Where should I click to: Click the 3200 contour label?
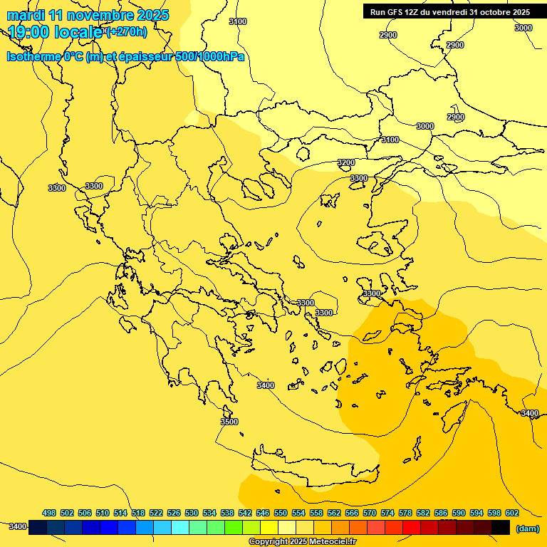[x=346, y=163]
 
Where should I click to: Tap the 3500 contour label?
[x=229, y=422]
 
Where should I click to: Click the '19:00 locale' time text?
[x=56, y=31]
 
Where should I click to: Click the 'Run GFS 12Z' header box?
[x=449, y=12]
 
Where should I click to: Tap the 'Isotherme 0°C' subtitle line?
[x=125, y=57]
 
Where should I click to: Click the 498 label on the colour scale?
[x=49, y=513]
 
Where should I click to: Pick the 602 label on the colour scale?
[x=512, y=513]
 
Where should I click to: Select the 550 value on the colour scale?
[x=281, y=513]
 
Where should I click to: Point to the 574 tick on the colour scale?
[x=387, y=513]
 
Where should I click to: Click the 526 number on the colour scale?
[x=174, y=513]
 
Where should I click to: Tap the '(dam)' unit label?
[x=527, y=528]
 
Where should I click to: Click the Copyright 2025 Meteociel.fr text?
[x=302, y=542]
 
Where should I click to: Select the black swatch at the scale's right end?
[x=501, y=527]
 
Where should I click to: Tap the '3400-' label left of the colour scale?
[x=18, y=527]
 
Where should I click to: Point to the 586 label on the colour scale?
[x=441, y=513]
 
